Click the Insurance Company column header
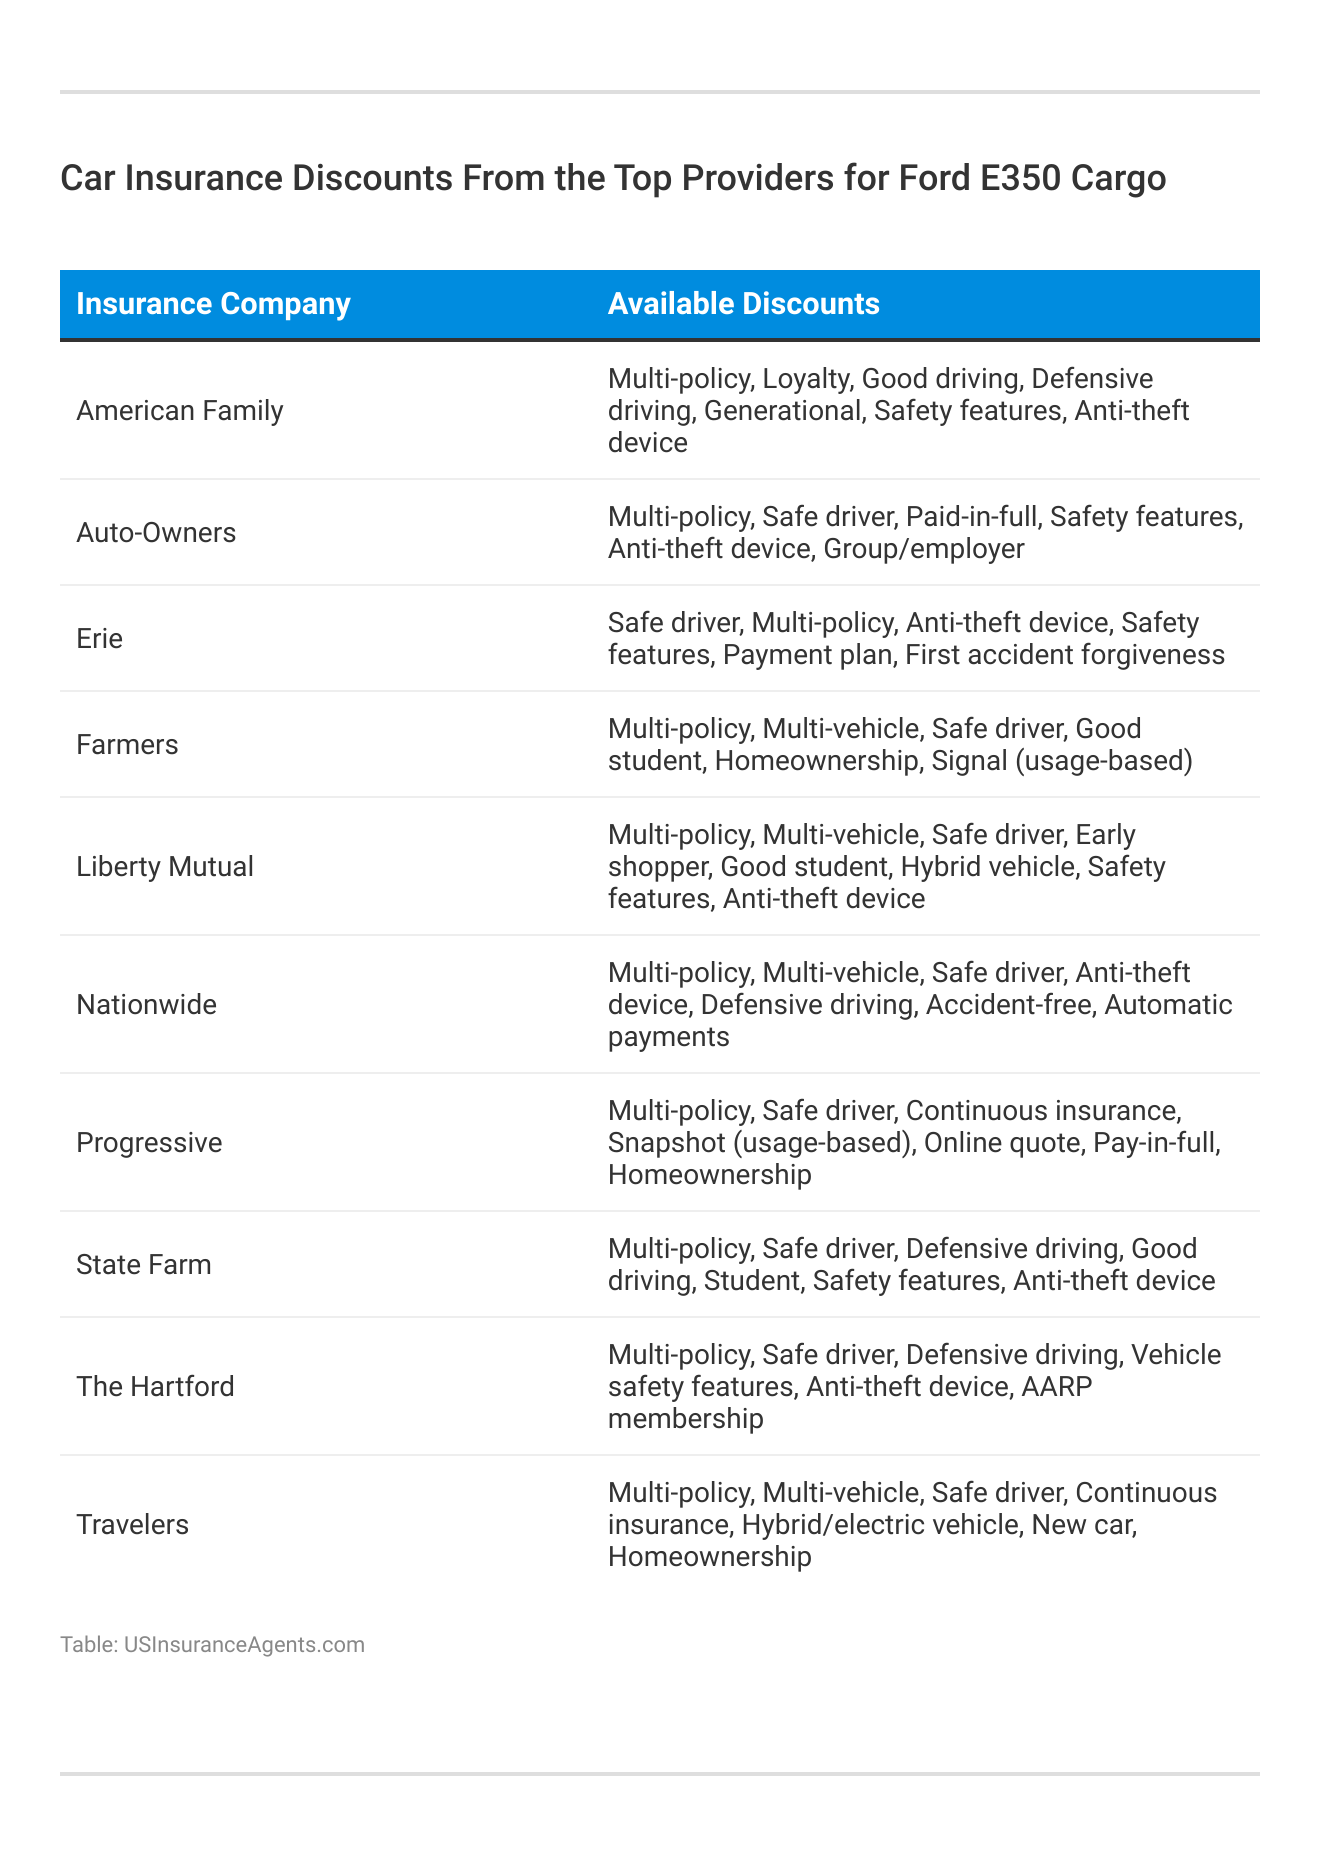click(213, 304)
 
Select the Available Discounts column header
click(743, 304)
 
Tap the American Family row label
click(180, 411)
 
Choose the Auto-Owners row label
click(156, 533)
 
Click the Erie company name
click(99, 639)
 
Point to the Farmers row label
click(127, 745)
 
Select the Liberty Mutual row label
click(165, 867)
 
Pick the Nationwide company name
click(146, 1005)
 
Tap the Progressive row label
click(149, 1143)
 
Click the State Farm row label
click(144, 1265)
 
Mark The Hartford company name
click(155, 1387)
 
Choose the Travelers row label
click(132, 1525)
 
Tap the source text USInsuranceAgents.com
click(244, 1645)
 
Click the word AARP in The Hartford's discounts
click(1056, 1387)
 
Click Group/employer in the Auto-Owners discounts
click(924, 549)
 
